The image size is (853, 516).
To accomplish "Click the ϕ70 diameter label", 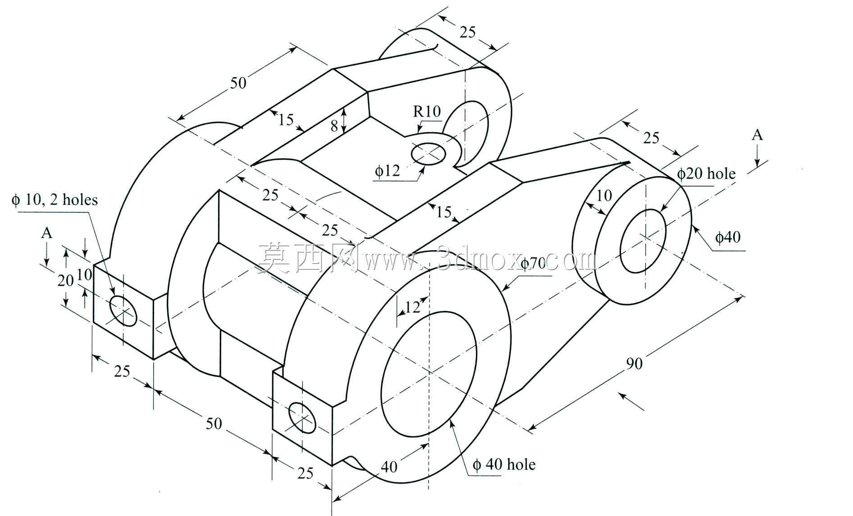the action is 533,264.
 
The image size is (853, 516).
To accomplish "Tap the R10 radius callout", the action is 427,111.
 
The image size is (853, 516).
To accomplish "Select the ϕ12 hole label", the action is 388,171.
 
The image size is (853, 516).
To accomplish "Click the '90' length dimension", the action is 634,363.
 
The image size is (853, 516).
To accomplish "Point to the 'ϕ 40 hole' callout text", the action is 504,464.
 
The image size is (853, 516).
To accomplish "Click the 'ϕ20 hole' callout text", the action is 706,174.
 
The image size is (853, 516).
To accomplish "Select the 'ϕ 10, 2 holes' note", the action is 55,199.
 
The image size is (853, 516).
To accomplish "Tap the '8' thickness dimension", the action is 334,126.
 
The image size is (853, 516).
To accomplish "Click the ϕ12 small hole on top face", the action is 429,153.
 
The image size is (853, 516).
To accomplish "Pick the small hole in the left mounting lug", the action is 123,311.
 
